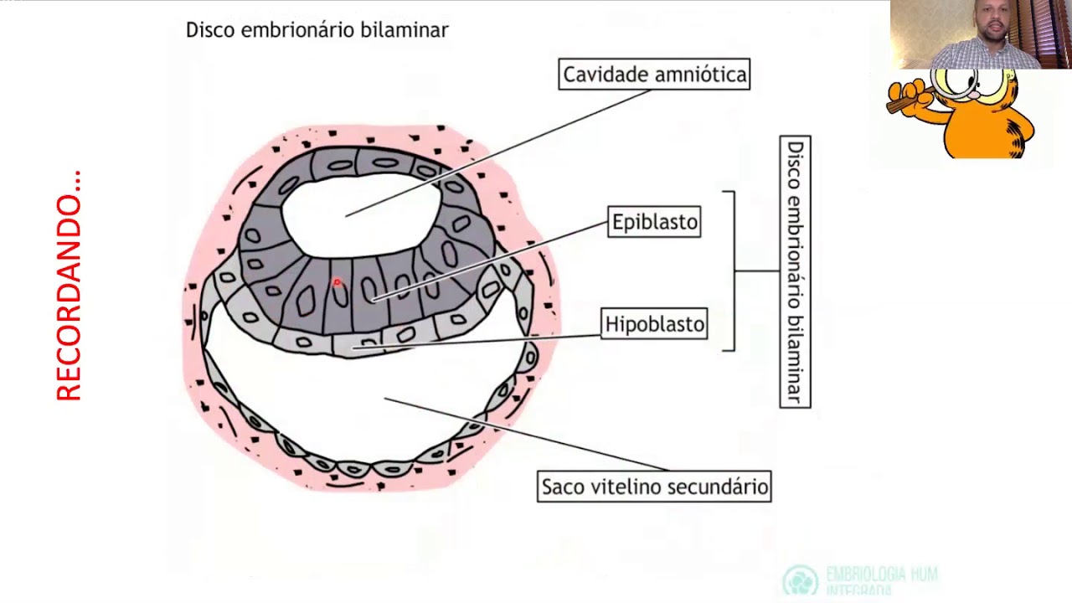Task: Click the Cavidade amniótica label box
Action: point(654,75)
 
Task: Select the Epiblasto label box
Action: point(654,222)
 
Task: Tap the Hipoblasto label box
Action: point(654,324)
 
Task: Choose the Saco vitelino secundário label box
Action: point(654,487)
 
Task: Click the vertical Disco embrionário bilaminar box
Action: point(795,271)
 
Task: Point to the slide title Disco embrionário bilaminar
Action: point(317,30)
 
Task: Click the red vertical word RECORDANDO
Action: point(69,286)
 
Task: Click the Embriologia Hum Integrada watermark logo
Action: point(801,580)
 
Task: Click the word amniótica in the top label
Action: point(700,75)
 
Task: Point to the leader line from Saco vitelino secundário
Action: point(528,435)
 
